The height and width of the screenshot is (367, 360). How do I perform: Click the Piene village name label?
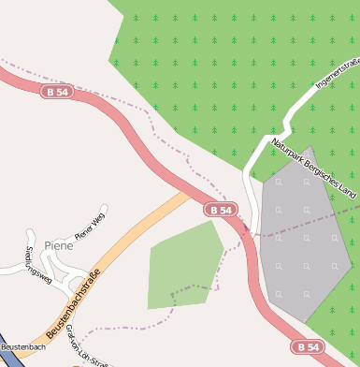click(x=59, y=245)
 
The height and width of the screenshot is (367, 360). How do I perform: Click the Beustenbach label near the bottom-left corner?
click(x=22, y=347)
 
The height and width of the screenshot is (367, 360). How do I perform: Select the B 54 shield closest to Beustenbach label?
click(x=56, y=92)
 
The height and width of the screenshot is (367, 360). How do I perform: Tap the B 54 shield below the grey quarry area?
click(x=308, y=346)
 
